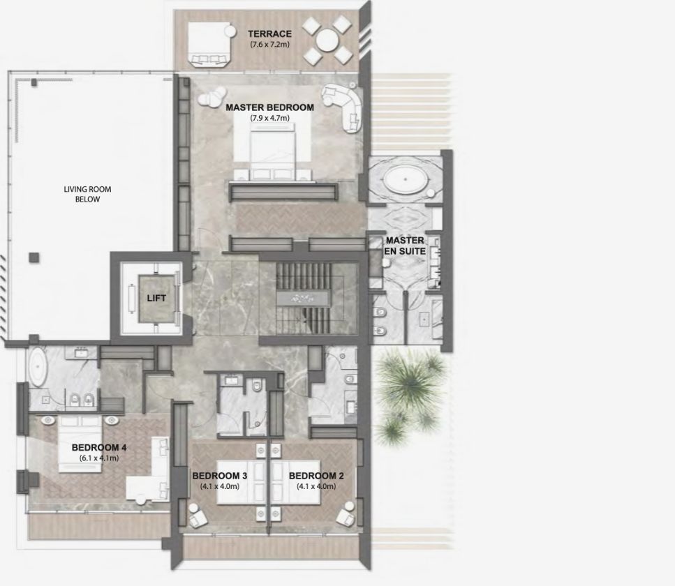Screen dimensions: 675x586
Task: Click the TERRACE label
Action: pos(269,33)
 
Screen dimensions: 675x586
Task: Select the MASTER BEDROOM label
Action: pos(270,107)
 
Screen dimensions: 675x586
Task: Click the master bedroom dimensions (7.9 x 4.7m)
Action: pos(270,118)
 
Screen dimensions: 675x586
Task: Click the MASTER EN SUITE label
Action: pos(405,246)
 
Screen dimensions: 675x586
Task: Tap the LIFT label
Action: pos(156,298)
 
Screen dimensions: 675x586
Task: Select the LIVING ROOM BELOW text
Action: pos(87,194)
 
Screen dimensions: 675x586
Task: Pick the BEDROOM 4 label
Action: pos(99,448)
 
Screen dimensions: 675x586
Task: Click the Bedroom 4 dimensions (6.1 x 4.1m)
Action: pos(99,458)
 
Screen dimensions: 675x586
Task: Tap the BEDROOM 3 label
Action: pos(220,476)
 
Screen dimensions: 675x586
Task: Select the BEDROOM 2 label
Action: pos(316,476)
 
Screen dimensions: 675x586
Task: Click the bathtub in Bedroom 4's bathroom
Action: pos(38,367)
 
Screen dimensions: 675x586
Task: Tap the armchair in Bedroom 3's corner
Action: pos(197,516)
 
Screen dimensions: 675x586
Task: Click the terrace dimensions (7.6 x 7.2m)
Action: pos(270,45)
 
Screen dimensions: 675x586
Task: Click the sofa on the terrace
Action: pos(209,45)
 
